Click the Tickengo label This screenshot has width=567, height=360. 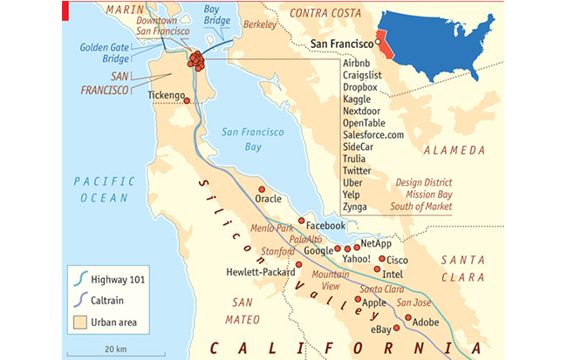coord(167,94)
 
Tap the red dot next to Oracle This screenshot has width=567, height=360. coord(261,189)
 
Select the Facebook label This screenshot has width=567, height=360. coord(325,226)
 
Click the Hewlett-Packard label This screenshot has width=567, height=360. coord(259,271)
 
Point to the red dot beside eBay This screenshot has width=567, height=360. coord(397,328)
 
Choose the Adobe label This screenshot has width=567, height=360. coord(426,322)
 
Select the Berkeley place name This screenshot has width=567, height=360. coord(258,25)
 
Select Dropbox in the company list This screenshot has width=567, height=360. coord(360,87)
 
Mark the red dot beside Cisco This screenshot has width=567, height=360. coord(381,259)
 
